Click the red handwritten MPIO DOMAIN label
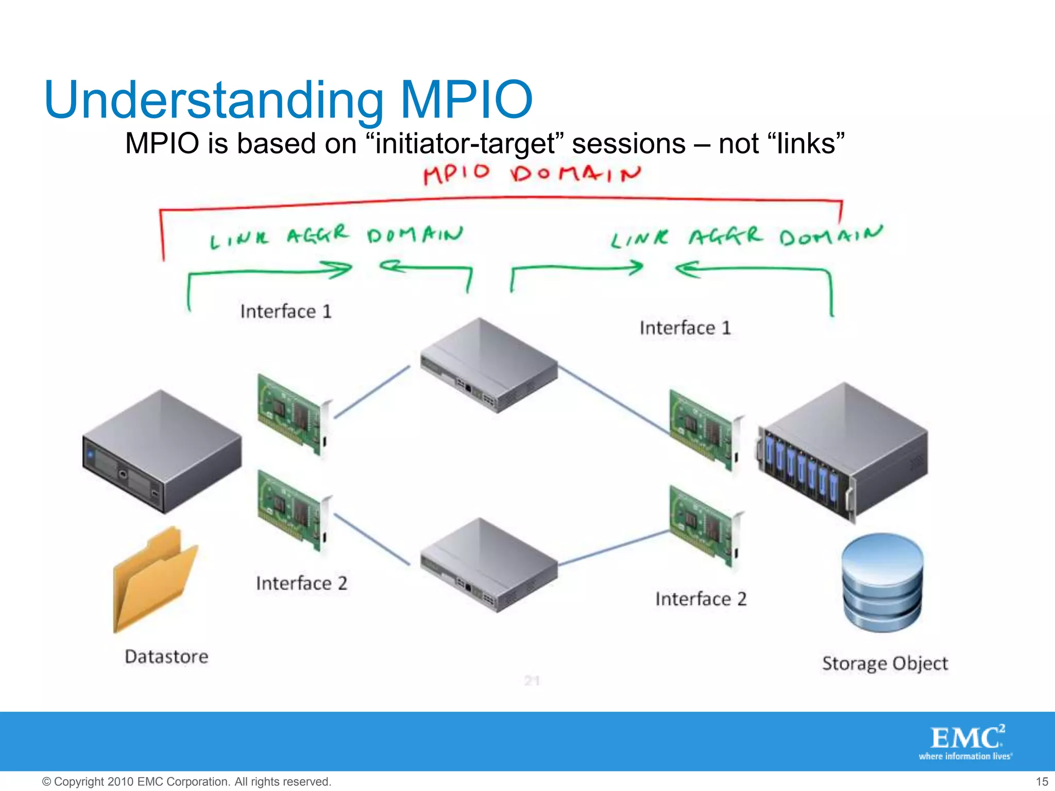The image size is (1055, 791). [532, 174]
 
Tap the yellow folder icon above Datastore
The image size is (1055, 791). [155, 579]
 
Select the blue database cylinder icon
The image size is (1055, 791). [882, 582]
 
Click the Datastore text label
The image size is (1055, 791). [166, 657]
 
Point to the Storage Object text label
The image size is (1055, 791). [884, 663]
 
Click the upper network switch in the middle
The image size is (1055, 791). [488, 365]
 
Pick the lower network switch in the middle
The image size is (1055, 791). [488, 564]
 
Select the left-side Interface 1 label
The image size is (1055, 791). [286, 312]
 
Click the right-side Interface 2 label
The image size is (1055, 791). [701, 599]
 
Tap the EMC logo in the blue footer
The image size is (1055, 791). [966, 742]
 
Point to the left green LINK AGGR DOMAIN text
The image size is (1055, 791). [336, 237]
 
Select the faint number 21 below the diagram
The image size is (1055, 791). [532, 681]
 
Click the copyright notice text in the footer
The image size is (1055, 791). [186, 782]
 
